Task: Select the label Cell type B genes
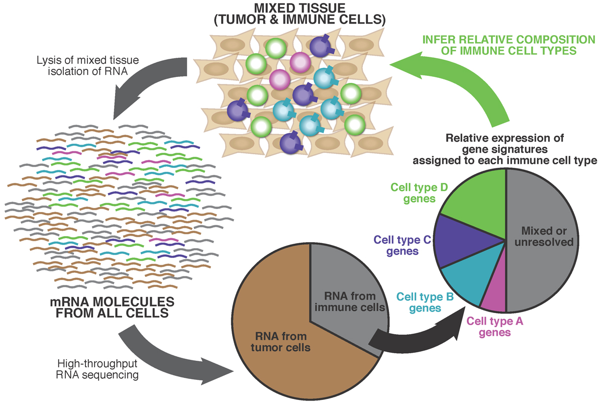425,301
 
